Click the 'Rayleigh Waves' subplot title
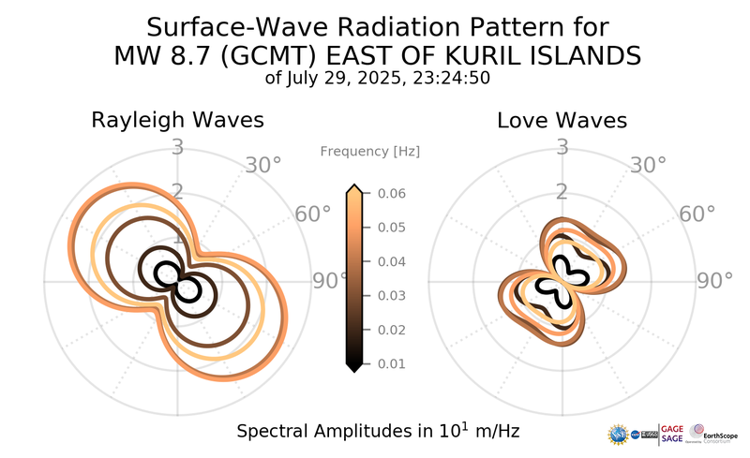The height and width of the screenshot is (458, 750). (x=177, y=121)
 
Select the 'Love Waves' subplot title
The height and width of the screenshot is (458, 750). (x=562, y=121)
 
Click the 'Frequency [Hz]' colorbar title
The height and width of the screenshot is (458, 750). (x=369, y=151)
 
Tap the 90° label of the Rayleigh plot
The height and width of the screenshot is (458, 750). (x=329, y=281)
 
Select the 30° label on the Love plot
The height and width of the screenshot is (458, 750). (x=647, y=166)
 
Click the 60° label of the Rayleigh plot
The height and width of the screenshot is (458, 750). (x=313, y=214)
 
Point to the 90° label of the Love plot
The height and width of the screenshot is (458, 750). (x=714, y=281)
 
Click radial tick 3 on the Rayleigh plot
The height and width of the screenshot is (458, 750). (x=177, y=147)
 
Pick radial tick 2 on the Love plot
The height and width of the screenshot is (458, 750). (x=562, y=192)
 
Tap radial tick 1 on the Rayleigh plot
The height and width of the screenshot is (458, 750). (x=177, y=238)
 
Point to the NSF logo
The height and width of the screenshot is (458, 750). (x=618, y=434)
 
